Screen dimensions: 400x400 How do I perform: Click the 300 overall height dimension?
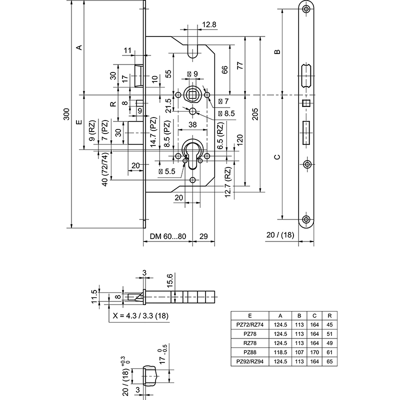(x=66, y=115)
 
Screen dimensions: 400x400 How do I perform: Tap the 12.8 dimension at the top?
(x=209, y=24)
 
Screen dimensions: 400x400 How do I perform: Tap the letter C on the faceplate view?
(x=277, y=157)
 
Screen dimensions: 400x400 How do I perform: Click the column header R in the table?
(x=329, y=315)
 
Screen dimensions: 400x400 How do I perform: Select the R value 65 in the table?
(x=329, y=361)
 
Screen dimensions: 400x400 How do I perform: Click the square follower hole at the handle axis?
(x=191, y=94)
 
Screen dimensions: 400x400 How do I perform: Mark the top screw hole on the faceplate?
(x=306, y=10)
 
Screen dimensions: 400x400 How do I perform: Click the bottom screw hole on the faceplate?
(x=306, y=219)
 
